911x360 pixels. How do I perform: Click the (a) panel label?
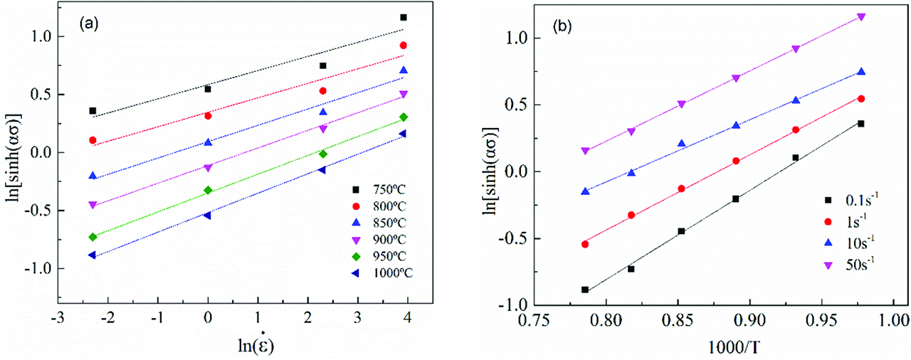(90, 21)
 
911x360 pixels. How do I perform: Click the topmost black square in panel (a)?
(404, 17)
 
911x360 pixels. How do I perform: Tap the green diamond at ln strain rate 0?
(208, 190)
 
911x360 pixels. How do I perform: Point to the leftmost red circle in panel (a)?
(93, 140)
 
